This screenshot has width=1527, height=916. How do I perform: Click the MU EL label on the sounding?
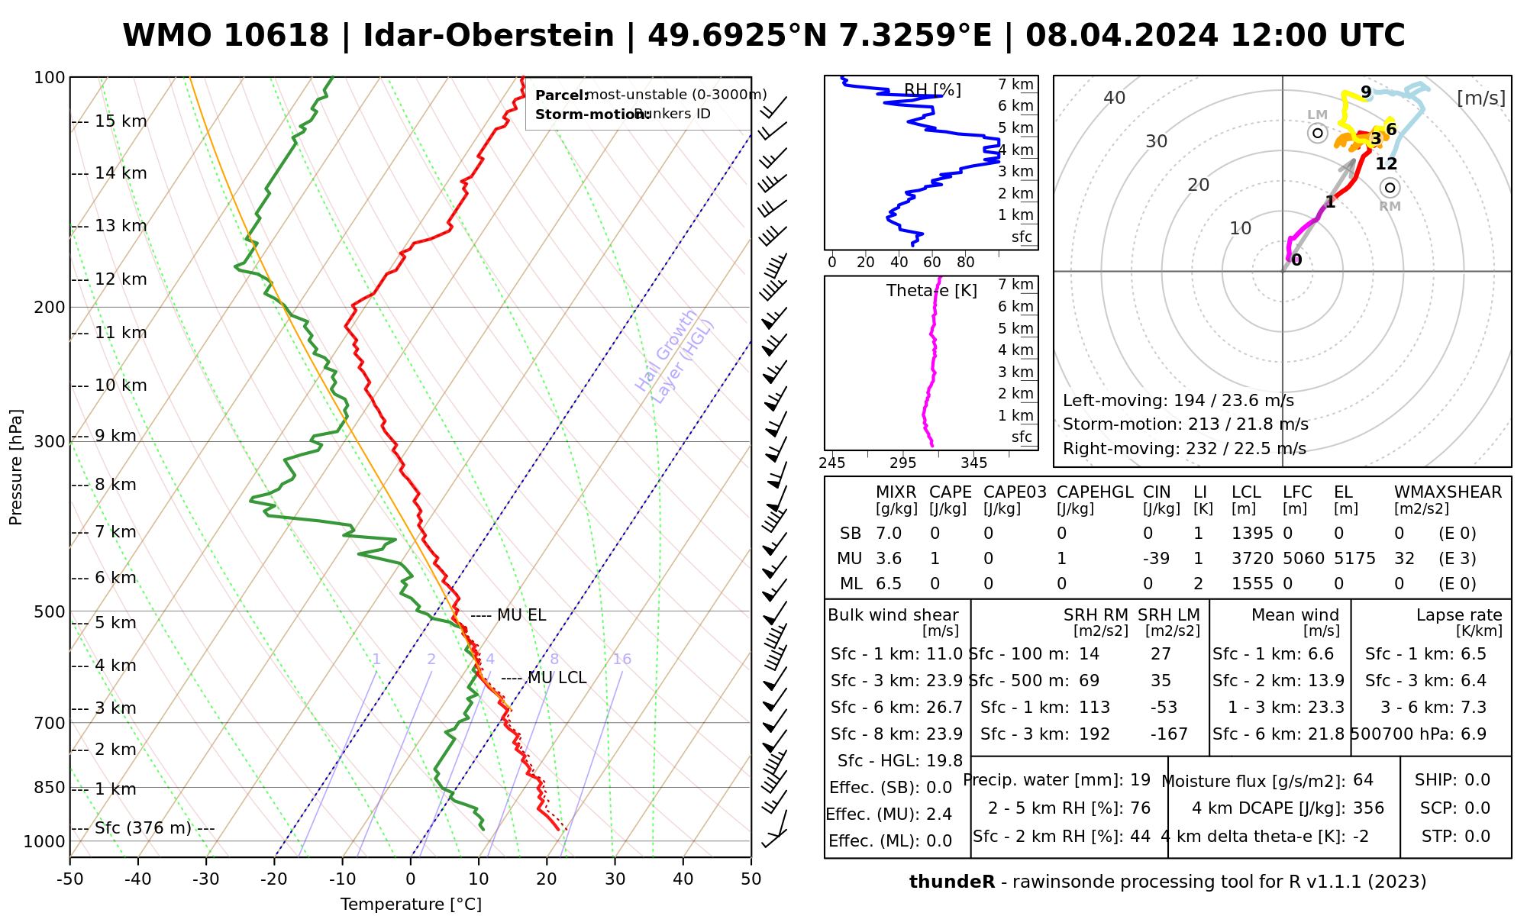tap(521, 615)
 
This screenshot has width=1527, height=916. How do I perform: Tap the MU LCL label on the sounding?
tap(557, 678)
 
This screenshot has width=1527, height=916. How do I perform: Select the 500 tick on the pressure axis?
tap(50, 611)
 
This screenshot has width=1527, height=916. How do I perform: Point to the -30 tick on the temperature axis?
tap(206, 879)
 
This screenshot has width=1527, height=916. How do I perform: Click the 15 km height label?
tap(121, 121)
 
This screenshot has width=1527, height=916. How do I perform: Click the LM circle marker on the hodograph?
tap(1317, 133)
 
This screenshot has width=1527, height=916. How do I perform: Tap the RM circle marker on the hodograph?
tap(1390, 188)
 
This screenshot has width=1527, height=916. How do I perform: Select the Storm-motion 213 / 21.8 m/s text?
tap(1185, 424)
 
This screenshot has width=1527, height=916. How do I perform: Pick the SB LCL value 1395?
tap(1252, 534)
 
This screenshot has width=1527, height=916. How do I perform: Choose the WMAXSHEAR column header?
tap(1448, 492)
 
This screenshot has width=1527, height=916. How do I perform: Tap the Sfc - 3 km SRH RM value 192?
tap(1094, 734)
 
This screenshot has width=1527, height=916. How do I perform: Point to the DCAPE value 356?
tap(1368, 808)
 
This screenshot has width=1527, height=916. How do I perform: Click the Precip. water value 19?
tap(1140, 780)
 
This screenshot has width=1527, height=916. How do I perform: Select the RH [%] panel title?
tap(932, 91)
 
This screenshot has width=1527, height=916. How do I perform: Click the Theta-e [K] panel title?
tap(931, 291)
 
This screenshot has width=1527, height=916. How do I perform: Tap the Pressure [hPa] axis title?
tap(16, 467)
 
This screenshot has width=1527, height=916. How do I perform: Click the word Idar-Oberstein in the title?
tap(489, 36)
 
